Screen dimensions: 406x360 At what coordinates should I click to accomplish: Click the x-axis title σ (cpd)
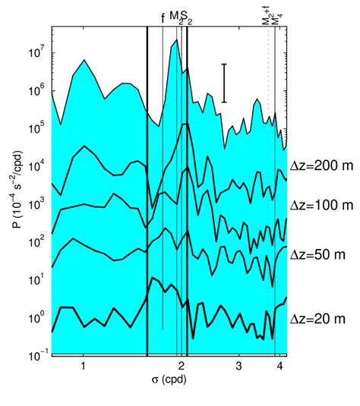[169, 379]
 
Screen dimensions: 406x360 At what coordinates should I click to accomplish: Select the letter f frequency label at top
[163, 18]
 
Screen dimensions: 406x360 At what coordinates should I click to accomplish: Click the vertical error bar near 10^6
[224, 83]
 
